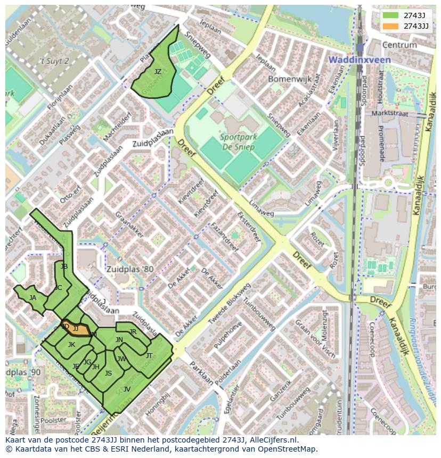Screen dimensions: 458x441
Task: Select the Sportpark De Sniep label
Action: [239, 143]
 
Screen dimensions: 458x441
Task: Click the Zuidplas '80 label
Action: [129, 269]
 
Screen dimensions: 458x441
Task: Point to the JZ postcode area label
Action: [158, 71]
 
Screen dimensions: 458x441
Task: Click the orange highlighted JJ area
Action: [77, 329]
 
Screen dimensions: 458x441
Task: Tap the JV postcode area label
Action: [127, 389]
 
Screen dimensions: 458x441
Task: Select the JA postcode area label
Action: [32, 298]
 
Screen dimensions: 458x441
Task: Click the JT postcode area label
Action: [149, 355]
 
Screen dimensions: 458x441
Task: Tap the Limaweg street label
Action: [262, 212]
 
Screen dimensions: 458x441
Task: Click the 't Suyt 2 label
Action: [55, 61]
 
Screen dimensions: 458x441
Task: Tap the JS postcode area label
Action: [108, 373]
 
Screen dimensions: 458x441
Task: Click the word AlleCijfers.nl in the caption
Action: [270, 440]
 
